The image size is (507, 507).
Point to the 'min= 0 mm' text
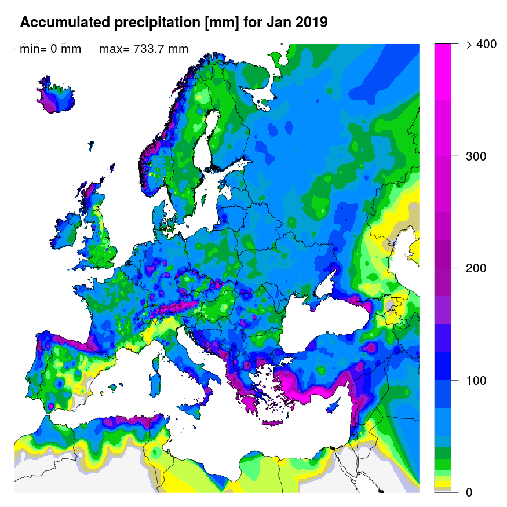pyautogui.click(x=50, y=49)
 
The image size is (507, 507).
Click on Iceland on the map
pyautogui.click(x=56, y=99)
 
